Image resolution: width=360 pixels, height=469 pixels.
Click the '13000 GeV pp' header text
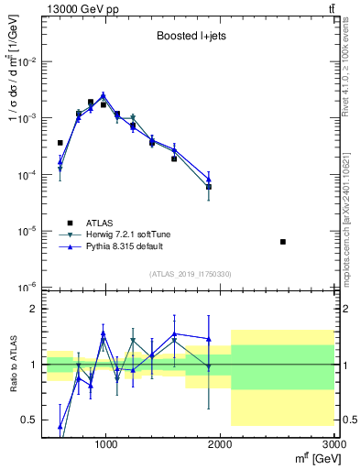click(77, 8)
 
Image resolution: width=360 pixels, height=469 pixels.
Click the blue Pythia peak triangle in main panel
click(104, 94)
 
